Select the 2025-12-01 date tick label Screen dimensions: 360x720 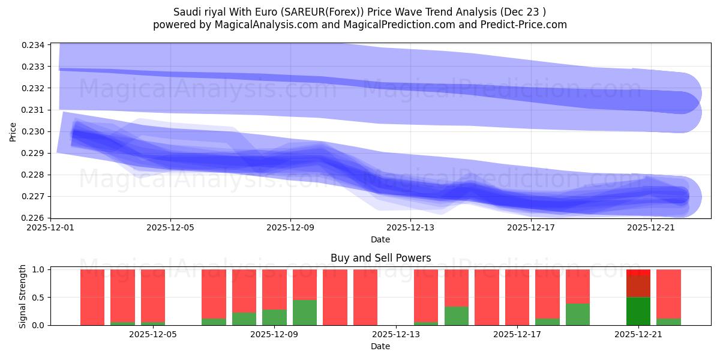(50, 228)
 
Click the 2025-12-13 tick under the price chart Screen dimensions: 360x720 (410, 228)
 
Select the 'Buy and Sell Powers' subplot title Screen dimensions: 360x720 (380, 259)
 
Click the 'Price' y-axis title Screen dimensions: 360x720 (13, 131)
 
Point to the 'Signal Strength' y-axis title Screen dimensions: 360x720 (23, 296)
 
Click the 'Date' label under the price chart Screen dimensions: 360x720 (380, 239)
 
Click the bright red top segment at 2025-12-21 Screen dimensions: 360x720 (638, 273)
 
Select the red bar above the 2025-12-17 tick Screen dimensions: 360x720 (517, 297)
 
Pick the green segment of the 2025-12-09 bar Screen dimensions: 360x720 (274, 317)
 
